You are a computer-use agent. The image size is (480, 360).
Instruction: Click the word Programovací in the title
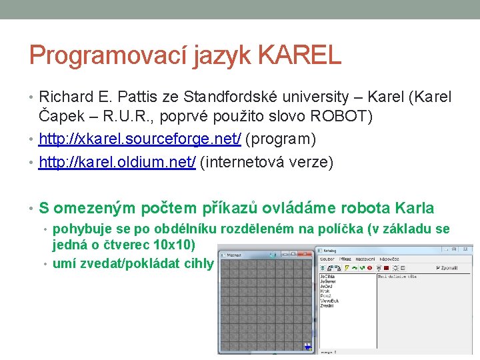coord(107,55)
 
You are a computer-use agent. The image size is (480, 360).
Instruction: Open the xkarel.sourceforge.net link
coord(141,140)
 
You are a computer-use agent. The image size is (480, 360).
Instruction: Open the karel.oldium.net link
coord(117,163)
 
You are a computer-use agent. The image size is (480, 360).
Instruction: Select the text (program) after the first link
coord(279,140)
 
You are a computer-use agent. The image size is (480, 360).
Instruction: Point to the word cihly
coord(199,263)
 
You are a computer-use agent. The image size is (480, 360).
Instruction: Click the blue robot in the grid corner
coord(307,347)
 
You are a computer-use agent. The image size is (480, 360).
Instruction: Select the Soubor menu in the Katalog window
coord(327,258)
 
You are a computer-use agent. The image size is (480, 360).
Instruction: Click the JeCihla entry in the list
coord(327,275)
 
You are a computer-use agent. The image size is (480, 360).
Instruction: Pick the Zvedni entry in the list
coord(327,305)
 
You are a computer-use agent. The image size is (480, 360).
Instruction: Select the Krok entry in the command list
coord(325,291)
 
